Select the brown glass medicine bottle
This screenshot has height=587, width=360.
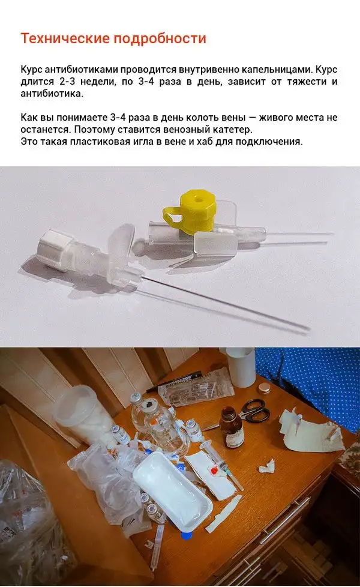click(232, 429)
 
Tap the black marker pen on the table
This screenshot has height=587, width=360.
click(174, 381)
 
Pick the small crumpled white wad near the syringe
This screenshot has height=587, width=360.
click(266, 465)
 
